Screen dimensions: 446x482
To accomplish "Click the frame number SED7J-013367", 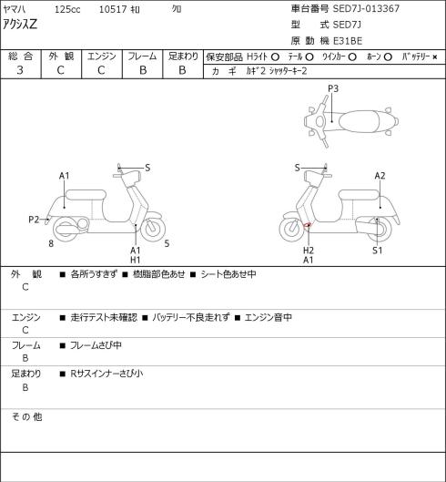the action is click(366, 8).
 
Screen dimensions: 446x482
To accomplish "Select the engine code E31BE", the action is click(348, 41).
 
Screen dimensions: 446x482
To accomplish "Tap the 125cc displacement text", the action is click(67, 9).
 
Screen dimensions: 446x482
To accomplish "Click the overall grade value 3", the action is click(20, 70).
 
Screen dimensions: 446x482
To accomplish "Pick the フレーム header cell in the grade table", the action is click(142, 56).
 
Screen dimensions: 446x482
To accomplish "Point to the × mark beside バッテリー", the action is click(435, 56).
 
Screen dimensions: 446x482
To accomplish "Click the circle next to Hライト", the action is click(275, 56).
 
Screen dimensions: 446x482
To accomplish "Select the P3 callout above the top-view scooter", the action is click(333, 88).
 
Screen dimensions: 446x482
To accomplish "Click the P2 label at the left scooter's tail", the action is click(34, 220).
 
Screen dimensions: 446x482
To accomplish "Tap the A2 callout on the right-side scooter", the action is click(380, 176).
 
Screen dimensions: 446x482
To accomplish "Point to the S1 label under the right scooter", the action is click(377, 251).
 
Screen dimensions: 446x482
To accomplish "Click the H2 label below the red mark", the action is click(308, 251).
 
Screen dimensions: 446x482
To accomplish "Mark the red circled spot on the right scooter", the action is click(307, 226).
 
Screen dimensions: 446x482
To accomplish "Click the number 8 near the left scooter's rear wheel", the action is click(51, 243).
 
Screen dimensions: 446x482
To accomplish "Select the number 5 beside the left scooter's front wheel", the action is click(167, 243).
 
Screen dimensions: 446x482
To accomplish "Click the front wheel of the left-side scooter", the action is click(153, 228).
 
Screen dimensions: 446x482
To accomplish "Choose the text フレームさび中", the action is click(96, 345).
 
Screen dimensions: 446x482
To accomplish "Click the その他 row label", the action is click(26, 416).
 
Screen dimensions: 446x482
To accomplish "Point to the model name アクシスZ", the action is click(20, 25).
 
